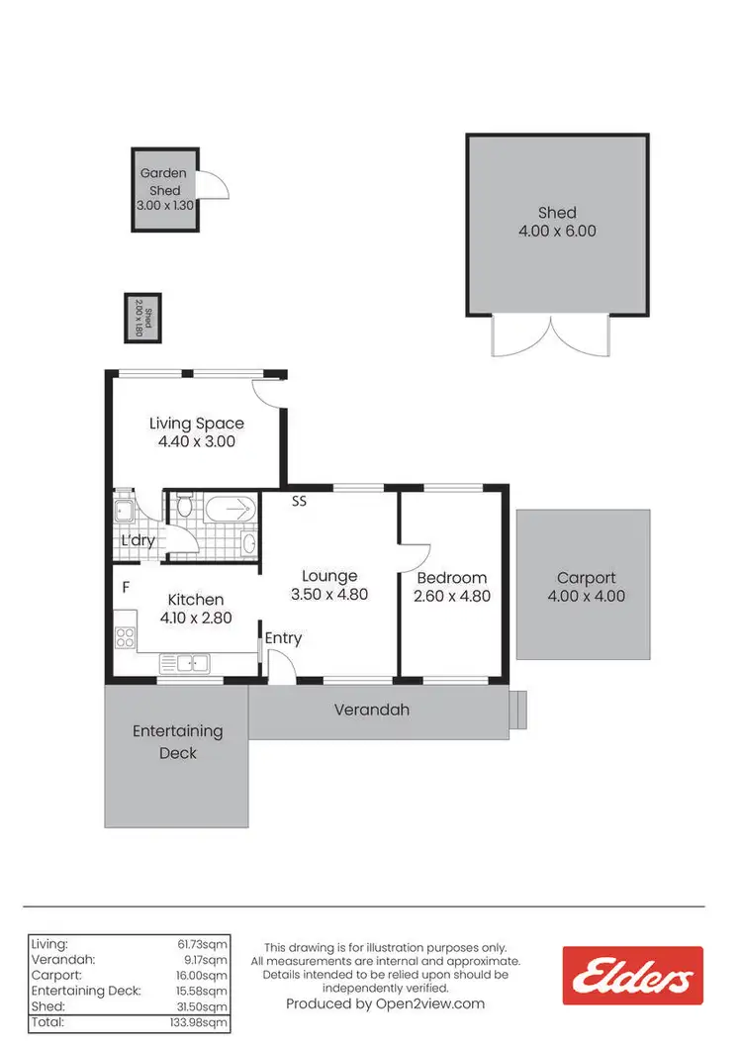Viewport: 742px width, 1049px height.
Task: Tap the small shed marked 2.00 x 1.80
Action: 142,318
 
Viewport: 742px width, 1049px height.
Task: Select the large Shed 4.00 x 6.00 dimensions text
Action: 557,232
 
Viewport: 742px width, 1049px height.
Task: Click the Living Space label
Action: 196,424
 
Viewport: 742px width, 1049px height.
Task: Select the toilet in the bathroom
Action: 183,509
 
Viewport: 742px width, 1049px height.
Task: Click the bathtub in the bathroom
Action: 231,510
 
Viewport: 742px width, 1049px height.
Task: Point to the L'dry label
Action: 138,541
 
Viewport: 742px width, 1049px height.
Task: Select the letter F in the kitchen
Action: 126,588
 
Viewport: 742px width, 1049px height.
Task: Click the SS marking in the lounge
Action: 299,502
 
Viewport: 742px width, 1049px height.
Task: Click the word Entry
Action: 283,638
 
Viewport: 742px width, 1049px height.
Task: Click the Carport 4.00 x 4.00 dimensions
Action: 586,597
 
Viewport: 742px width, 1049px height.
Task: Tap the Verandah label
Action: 371,710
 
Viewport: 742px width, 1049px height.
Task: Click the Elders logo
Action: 632,977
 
